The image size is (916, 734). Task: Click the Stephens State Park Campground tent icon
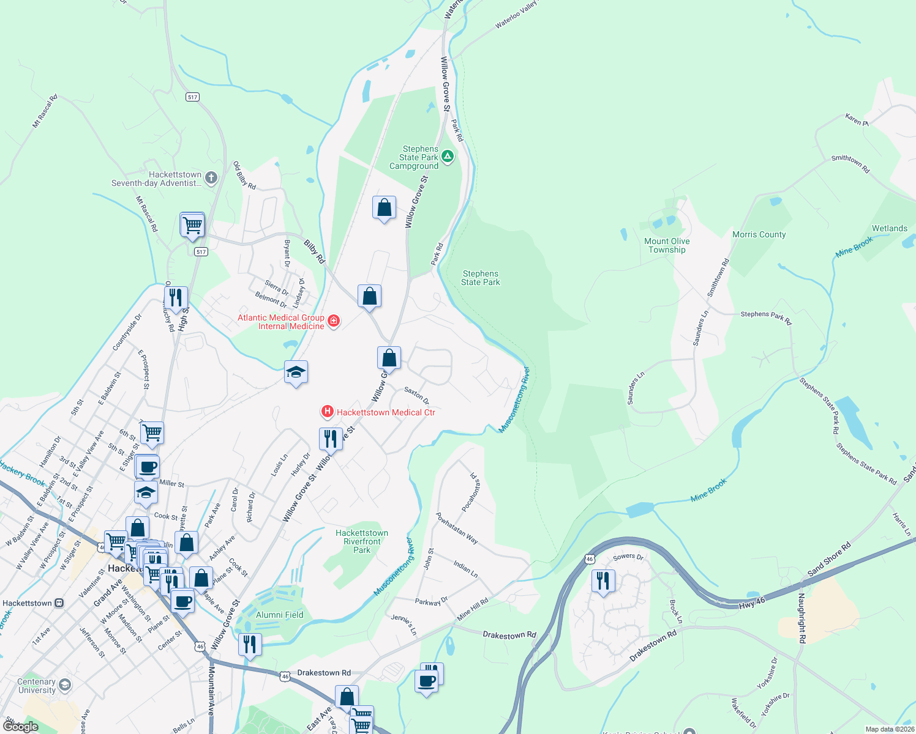point(448,157)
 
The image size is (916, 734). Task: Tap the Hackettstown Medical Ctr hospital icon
point(328,412)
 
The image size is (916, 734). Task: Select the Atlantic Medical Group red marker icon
point(334,321)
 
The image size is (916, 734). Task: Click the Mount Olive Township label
point(667,245)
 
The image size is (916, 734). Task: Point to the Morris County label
point(759,234)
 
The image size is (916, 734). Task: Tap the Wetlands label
point(889,228)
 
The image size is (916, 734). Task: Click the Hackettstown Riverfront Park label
point(362,541)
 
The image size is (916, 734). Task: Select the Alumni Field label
point(280,615)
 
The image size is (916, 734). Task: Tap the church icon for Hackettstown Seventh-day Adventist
point(211,178)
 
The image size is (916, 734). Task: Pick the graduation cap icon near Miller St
point(146,492)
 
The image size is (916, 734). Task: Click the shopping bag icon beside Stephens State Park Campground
point(384,208)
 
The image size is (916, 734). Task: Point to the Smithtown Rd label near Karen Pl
point(850,163)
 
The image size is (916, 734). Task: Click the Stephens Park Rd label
point(766,317)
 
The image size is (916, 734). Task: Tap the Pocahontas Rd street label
point(471,491)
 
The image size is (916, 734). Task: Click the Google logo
point(20,726)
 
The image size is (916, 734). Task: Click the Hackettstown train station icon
point(59,603)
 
